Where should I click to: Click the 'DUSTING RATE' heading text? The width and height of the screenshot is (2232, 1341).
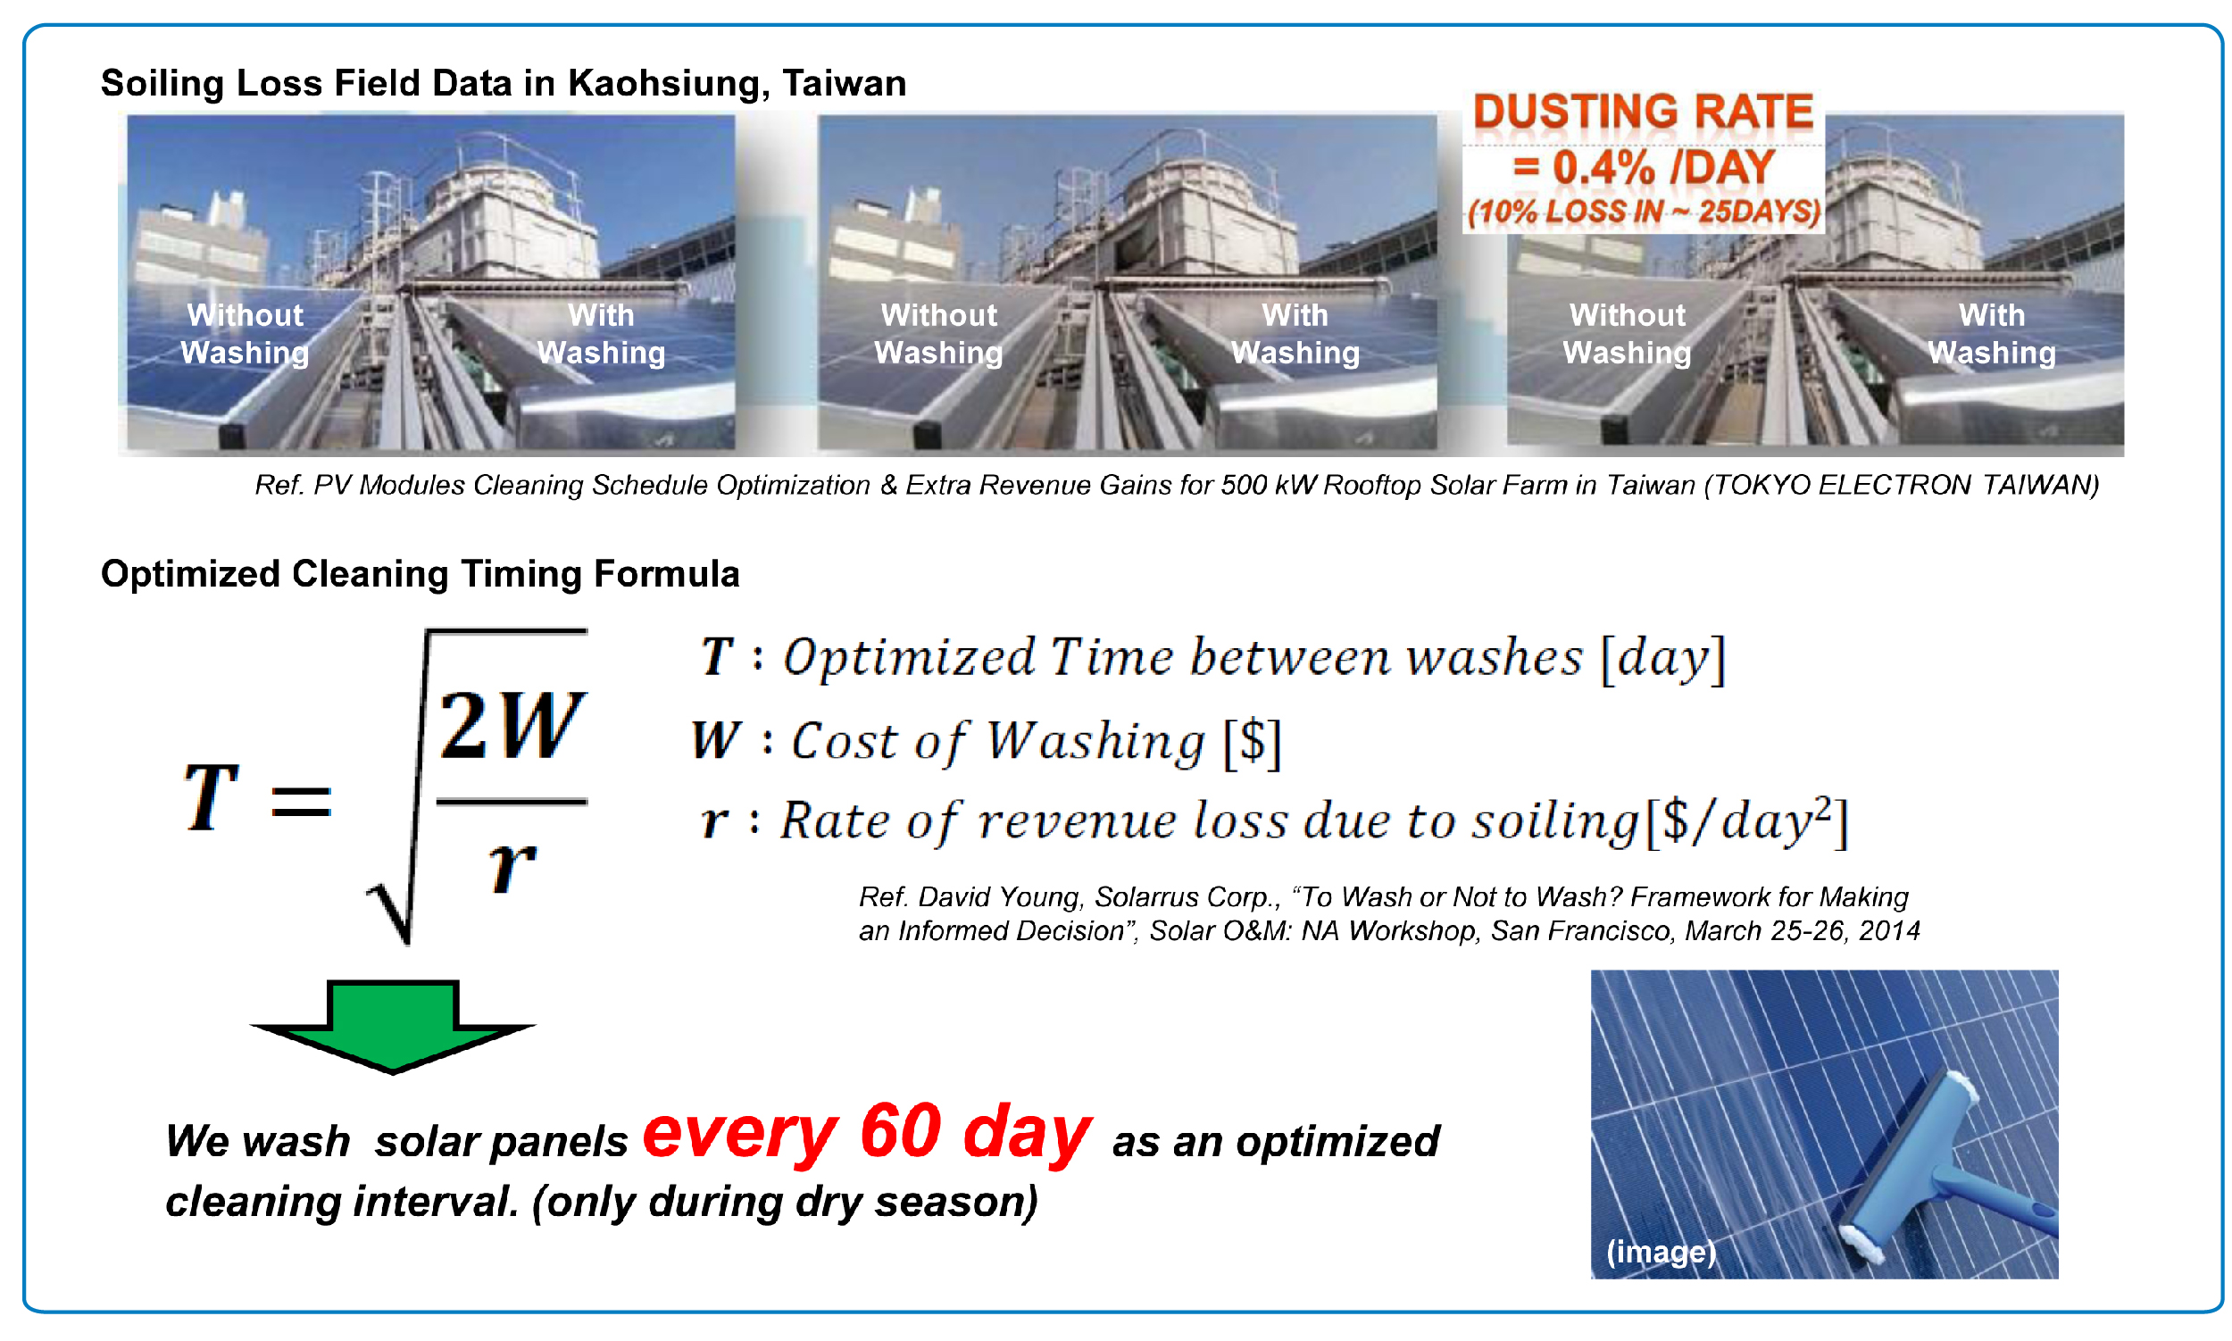pyautogui.click(x=1642, y=113)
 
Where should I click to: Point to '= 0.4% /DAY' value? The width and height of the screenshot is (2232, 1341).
pyautogui.click(x=1642, y=167)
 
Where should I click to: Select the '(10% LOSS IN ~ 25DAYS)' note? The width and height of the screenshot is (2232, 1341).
pyautogui.click(x=1643, y=212)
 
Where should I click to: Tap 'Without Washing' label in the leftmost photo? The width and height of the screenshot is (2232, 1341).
pyautogui.click(x=245, y=333)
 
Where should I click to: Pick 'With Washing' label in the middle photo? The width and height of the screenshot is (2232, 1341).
pyautogui.click(x=1294, y=333)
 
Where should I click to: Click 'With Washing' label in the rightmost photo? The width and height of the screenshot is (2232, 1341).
pyautogui.click(x=1991, y=333)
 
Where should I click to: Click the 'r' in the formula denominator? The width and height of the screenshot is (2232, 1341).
pyautogui.click(x=512, y=866)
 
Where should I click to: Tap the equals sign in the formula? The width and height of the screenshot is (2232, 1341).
pyautogui.click(x=301, y=802)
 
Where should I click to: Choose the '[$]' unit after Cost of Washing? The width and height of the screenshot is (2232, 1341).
pyautogui.click(x=1252, y=743)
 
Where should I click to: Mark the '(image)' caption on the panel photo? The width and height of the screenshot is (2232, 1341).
pyautogui.click(x=1660, y=1252)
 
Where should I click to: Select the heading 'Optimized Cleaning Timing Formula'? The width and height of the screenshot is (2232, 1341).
pyautogui.click(x=421, y=574)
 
